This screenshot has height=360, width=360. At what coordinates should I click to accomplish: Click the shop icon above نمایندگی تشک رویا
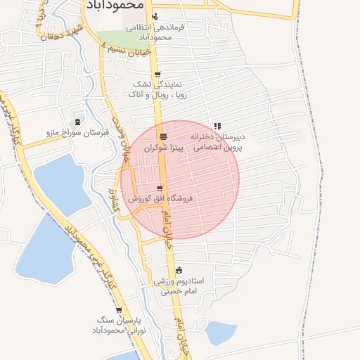point(157,74)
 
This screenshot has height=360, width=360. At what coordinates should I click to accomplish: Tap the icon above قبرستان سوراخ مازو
point(77,121)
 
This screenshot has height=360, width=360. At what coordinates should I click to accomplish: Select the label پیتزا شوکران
point(163,149)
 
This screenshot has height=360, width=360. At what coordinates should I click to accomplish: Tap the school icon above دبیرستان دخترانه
point(217,126)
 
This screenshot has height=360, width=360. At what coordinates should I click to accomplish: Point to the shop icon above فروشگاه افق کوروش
point(160,188)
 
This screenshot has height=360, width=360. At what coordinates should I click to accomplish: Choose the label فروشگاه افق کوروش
point(160,199)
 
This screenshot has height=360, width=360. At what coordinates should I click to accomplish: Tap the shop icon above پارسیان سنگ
point(118,309)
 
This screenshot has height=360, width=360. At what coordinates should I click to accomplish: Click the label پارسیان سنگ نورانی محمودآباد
point(113,325)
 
